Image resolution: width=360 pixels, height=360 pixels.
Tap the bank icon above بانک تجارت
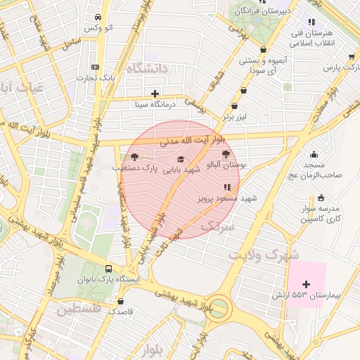coord(95,67)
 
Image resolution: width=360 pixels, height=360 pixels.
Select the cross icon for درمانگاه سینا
coord(155,94)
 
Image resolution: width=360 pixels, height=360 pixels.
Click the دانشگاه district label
coord(148,68)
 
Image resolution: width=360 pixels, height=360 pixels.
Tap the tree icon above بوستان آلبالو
coord(226,155)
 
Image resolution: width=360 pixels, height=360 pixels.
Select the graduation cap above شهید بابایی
coord(181,159)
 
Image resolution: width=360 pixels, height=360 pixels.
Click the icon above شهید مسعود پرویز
coord(226,187)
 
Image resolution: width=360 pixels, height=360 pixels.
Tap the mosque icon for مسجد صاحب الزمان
coord(314,155)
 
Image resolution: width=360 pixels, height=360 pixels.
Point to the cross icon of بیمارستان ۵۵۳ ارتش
coord(305,283)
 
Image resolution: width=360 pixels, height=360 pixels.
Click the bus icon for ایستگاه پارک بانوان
coord(108,269)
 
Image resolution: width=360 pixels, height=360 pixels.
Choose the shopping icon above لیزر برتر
coord(243,90)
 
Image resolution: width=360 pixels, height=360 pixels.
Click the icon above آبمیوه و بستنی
coord(263,49)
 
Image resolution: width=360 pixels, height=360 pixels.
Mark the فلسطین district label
coord(79,309)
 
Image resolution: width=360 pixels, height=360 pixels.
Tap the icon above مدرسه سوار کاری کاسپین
coord(321,198)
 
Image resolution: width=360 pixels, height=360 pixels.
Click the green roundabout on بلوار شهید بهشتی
coord(219,308)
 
